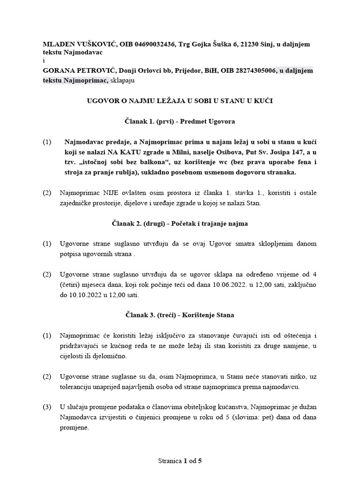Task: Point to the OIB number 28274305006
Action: pos(252,71)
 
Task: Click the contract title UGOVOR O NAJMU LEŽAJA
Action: pos(180,101)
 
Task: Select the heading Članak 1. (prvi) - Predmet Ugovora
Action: pos(180,121)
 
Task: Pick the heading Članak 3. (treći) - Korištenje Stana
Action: pos(180,315)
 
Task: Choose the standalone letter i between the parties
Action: pos(44,60)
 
